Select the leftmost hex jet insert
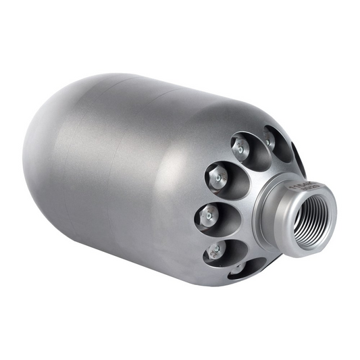click(x=207, y=217)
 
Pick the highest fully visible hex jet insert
click(x=240, y=148)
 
